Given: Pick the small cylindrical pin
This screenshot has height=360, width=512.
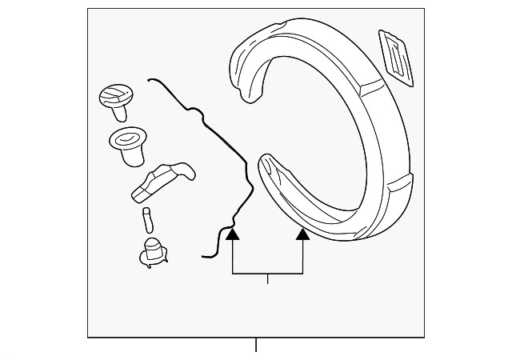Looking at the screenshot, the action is (x=147, y=218).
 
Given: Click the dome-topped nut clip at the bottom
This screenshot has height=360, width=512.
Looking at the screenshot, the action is (x=151, y=250).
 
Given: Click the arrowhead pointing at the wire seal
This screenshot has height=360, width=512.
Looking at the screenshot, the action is (x=233, y=234).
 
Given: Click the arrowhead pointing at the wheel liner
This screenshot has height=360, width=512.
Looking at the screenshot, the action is (x=303, y=234).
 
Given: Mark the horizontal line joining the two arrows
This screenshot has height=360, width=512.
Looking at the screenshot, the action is (x=268, y=274).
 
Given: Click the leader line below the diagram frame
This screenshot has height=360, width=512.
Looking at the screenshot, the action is (x=256, y=345).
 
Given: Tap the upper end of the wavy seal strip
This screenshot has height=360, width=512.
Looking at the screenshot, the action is (x=150, y=79).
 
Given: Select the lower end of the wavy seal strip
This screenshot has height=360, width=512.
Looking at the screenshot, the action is (x=206, y=255).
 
